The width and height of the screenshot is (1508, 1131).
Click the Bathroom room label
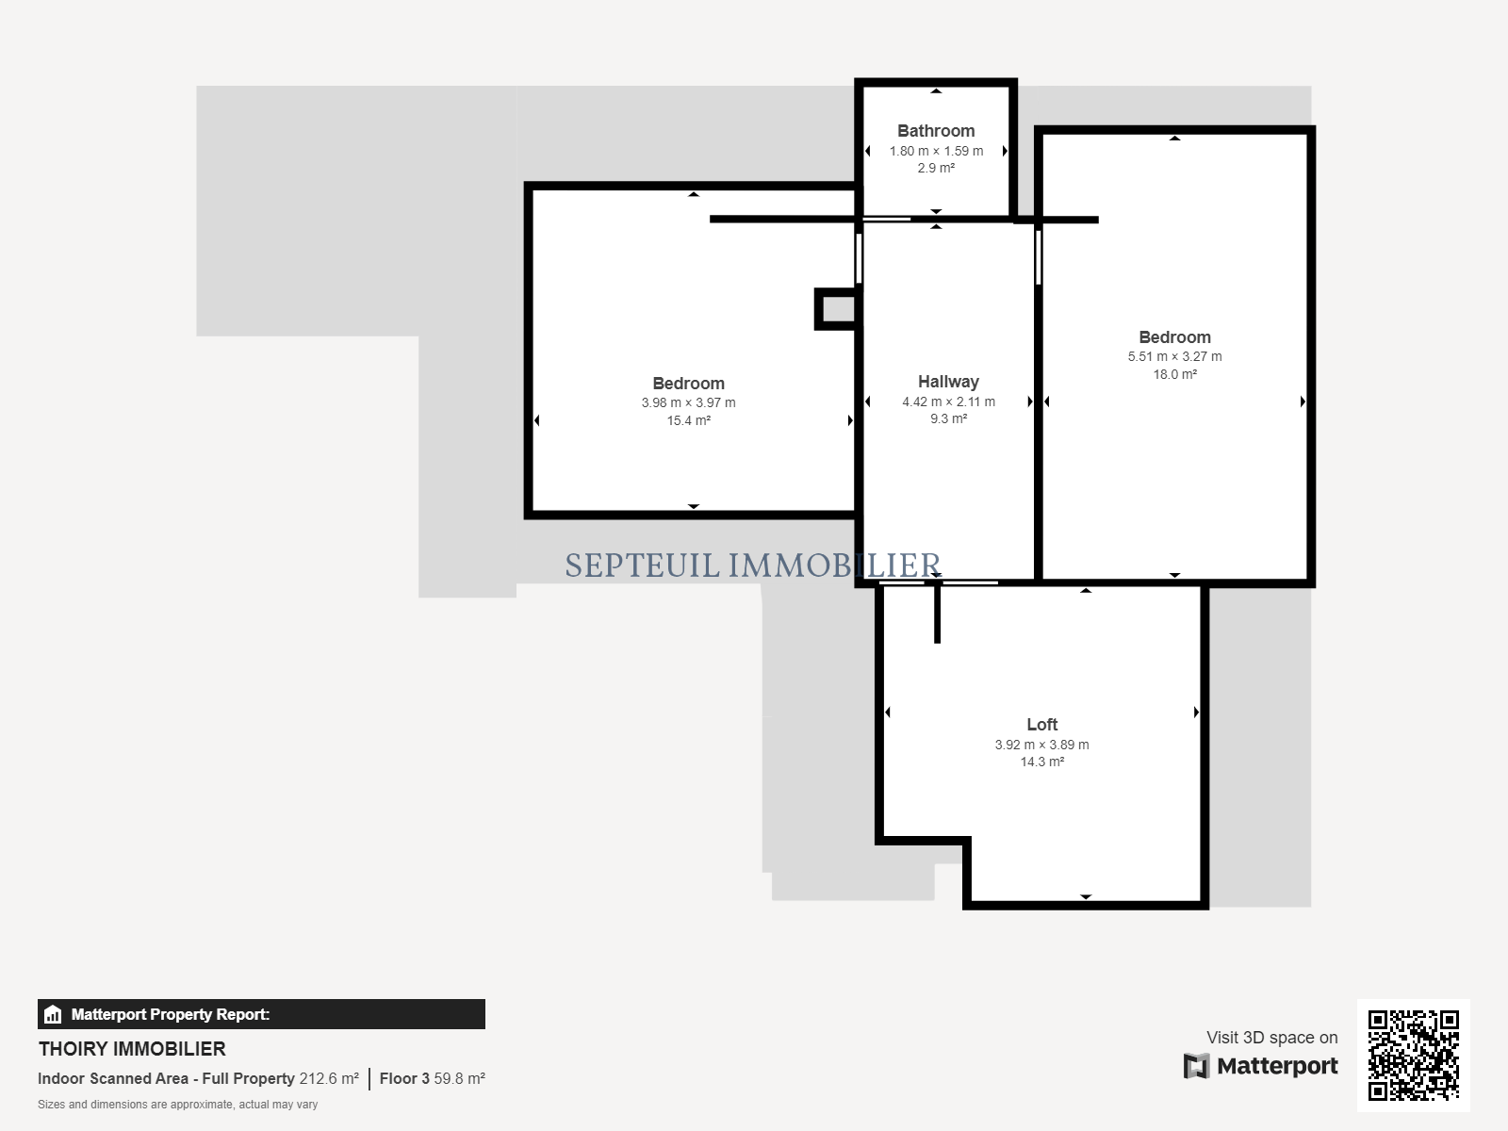pos(936,130)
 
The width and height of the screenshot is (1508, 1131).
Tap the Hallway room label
pos(948,382)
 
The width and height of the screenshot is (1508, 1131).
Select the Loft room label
pos(1041,725)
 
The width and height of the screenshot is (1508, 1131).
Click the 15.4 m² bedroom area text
pos(688,420)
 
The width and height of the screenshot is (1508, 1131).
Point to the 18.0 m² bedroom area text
pos(1174,374)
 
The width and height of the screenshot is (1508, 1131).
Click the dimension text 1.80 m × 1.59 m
pos(936,151)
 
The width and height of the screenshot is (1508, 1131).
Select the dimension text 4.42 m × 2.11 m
pos(948,402)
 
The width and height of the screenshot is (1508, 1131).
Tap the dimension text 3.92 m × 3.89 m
pos(1041,745)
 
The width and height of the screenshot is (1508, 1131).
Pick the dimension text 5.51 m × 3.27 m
pos(1174,356)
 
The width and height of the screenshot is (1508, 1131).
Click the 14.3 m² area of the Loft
pos(1041,762)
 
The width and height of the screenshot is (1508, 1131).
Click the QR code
pos(1413,1055)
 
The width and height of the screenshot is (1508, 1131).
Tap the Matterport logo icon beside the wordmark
pos(1196,1066)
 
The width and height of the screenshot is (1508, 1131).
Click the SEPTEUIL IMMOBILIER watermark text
pos(752,565)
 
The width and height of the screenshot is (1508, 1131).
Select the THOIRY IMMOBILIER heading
pos(132,1049)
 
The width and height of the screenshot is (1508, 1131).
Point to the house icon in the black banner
pos(53,1014)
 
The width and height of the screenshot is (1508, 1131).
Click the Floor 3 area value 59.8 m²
pos(459,1079)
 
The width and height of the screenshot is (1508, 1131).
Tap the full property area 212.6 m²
pos(329,1079)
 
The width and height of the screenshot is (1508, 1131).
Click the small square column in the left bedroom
pos(836,309)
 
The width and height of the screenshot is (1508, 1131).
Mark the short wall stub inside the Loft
pos(937,614)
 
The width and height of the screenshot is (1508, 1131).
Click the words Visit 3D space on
pos(1271,1037)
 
